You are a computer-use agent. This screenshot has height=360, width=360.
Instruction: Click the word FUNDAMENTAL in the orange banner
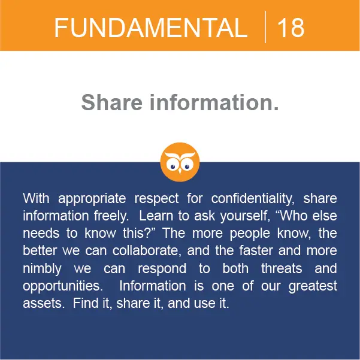[151, 28]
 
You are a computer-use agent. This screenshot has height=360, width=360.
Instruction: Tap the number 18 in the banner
[291, 28]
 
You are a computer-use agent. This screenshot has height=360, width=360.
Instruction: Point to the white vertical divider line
[265, 27]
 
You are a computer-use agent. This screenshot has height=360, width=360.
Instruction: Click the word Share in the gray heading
[112, 102]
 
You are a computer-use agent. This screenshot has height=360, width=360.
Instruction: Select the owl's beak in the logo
[180, 171]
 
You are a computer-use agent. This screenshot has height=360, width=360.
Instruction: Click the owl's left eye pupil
[173, 167]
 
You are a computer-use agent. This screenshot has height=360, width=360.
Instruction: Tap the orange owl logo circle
[180, 162]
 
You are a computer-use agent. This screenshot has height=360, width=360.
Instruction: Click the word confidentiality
[253, 199]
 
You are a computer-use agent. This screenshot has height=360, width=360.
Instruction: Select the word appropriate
[92, 199]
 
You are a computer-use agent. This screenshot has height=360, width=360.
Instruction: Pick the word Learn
[156, 216]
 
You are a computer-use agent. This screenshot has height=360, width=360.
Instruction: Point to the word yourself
[245, 216]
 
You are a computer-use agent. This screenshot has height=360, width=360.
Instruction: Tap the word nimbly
[43, 269]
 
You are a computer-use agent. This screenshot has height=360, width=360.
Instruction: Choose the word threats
[282, 268]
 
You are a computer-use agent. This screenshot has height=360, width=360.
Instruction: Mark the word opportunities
[63, 286]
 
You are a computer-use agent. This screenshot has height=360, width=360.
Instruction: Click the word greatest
[313, 286]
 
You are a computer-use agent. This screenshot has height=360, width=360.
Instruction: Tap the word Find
[86, 303]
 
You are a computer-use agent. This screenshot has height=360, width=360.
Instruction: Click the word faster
[256, 250]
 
